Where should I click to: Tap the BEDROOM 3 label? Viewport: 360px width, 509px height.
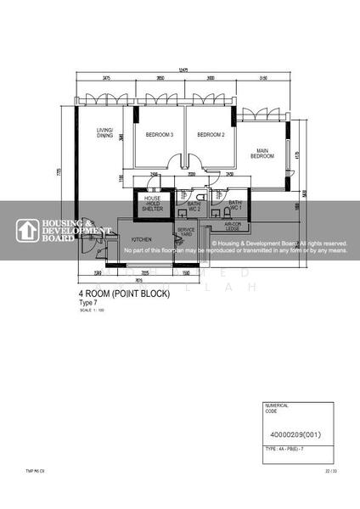(x=160, y=135)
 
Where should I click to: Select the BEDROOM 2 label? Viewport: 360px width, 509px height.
(x=211, y=135)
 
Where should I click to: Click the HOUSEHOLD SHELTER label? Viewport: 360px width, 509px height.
(x=153, y=204)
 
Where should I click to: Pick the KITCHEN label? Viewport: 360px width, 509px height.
(x=141, y=238)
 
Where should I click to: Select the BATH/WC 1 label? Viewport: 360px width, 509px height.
(x=235, y=205)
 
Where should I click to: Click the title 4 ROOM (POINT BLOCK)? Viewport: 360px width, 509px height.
(x=124, y=294)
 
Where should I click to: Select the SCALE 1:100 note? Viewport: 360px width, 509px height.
(x=89, y=310)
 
